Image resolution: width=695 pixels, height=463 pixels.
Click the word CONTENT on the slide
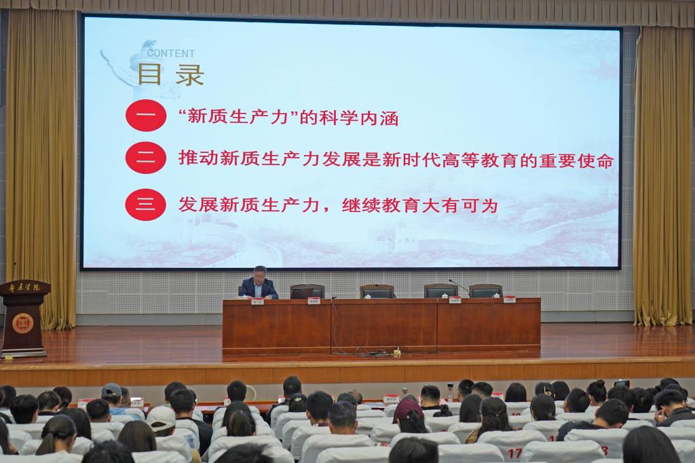pos(171,53)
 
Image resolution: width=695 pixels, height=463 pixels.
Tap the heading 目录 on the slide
pos(171,75)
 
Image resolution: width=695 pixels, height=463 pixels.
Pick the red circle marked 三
pos(146,204)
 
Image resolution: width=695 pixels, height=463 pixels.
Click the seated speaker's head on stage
pos(259,273)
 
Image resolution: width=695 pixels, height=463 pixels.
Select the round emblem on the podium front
pos(22,322)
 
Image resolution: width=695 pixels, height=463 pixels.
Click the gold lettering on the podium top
pos(25,288)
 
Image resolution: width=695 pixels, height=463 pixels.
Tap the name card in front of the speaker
pos(257,301)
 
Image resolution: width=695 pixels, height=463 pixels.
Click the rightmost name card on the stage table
pos(509,299)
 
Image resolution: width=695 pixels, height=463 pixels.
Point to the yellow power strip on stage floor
pos(396,354)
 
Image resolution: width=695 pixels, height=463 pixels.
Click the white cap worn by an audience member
pos(161,417)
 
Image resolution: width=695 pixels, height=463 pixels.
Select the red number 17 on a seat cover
pos(513,452)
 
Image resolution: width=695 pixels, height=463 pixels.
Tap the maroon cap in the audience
pos(409,408)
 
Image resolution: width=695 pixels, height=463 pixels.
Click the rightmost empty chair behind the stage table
pos(485,291)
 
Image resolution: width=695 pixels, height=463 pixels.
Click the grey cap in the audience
pos(111,390)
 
